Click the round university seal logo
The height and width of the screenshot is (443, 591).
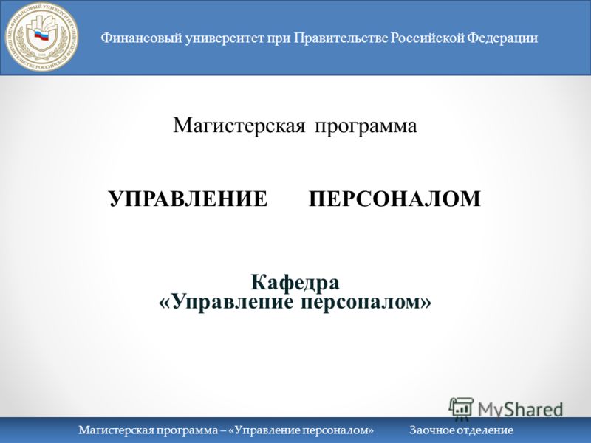coord(41,36)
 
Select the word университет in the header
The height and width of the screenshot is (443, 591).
coord(225,39)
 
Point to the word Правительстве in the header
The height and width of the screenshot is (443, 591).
coord(341,38)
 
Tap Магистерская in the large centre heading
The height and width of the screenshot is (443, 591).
coord(239,126)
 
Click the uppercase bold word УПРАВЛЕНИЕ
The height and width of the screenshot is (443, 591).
coord(188,199)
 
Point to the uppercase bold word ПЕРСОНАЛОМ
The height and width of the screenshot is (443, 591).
coord(394,199)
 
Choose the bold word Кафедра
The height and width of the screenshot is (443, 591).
coord(295,282)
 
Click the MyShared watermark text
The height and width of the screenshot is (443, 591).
coord(521,409)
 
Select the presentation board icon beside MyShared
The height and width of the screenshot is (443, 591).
coord(461,408)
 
